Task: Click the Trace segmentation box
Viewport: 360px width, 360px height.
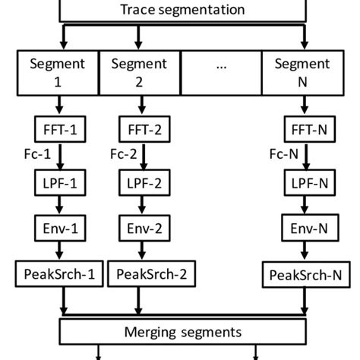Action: click(x=183, y=11)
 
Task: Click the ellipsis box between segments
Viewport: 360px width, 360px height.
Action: click(x=221, y=68)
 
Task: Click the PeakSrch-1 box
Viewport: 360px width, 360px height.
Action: click(x=58, y=274)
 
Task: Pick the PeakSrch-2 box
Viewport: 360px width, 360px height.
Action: click(x=145, y=274)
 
